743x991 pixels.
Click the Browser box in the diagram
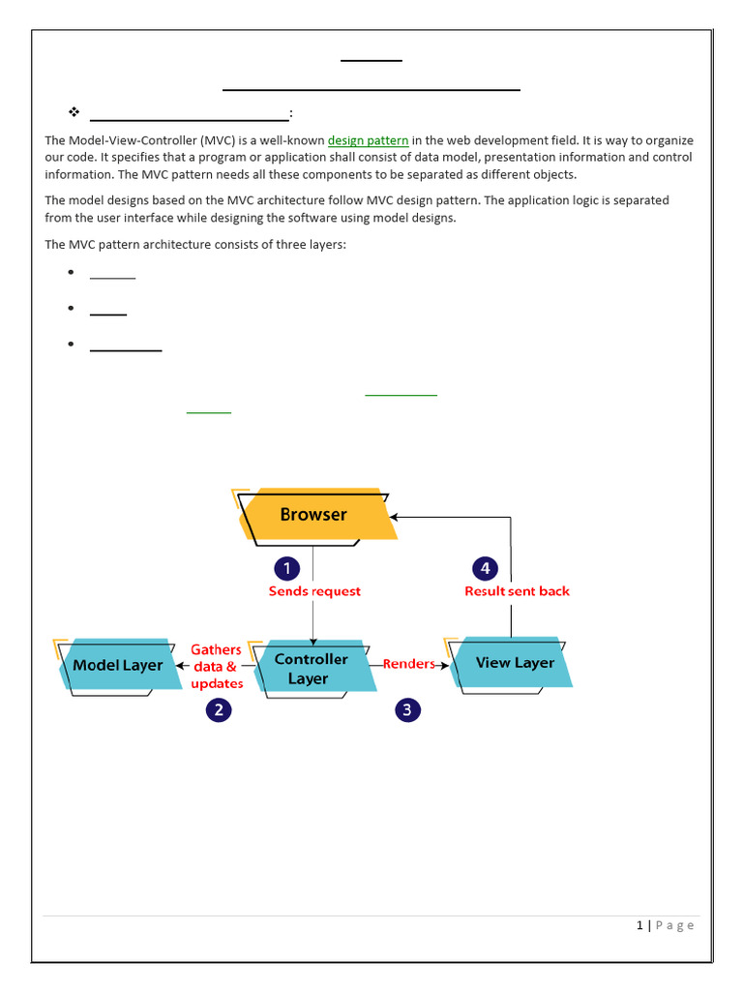click(x=314, y=515)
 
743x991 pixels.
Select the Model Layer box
click(x=118, y=666)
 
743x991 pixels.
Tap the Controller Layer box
click(x=311, y=669)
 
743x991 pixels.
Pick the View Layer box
click(x=514, y=663)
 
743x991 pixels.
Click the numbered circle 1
click(x=286, y=568)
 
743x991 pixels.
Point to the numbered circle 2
click(x=219, y=710)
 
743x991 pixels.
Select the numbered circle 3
click(x=407, y=710)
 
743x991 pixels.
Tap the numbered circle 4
click(x=485, y=568)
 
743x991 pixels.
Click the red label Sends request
click(x=314, y=591)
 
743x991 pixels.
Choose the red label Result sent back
click(x=517, y=591)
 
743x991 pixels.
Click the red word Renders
click(x=408, y=664)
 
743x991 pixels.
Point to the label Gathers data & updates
click(x=216, y=667)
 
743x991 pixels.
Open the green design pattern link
click(x=368, y=141)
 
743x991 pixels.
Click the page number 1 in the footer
click(x=639, y=925)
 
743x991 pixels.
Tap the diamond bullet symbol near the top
click(x=73, y=112)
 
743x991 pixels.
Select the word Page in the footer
click(x=675, y=925)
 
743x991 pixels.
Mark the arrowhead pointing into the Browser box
click(x=395, y=517)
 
